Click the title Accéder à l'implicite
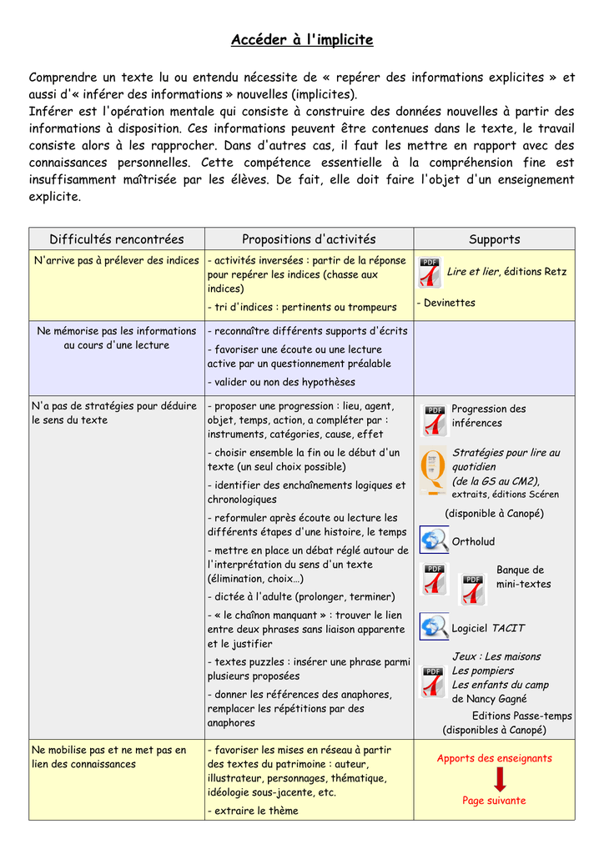[x=302, y=40]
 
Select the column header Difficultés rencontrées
[x=116, y=239]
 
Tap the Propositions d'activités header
[x=309, y=239]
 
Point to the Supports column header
[x=494, y=239]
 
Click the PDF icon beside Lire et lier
[x=430, y=272]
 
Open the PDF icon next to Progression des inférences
[x=434, y=420]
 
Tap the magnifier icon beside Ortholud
[x=434, y=540]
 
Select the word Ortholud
[x=473, y=542]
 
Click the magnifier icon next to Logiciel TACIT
[x=434, y=626]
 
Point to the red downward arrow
[x=500, y=779]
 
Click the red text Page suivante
[x=494, y=801]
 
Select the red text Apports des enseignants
[x=494, y=758]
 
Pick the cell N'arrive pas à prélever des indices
[x=117, y=261]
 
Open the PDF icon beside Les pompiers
[x=433, y=681]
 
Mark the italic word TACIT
[x=508, y=628]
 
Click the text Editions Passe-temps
[x=522, y=716]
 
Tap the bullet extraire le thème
[x=253, y=811]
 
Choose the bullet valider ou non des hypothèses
[x=281, y=382]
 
